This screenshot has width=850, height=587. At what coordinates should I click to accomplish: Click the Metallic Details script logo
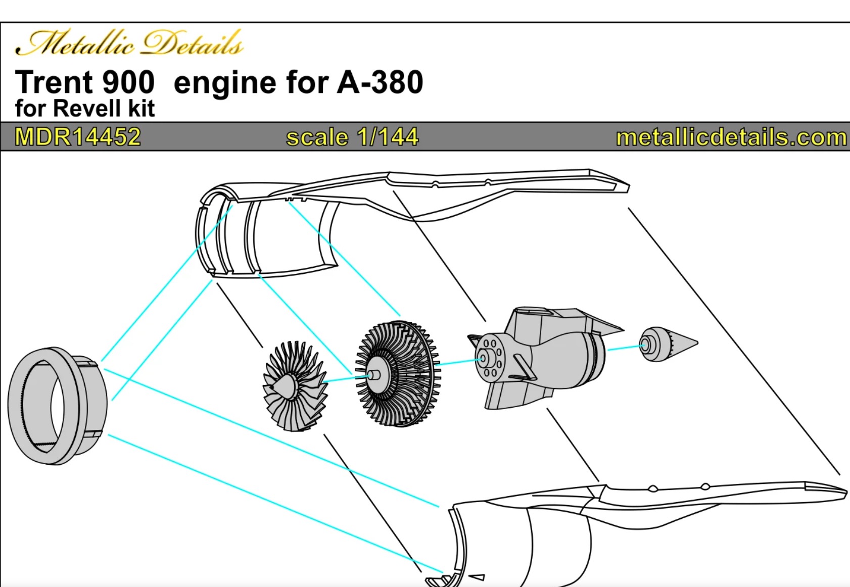[x=129, y=43]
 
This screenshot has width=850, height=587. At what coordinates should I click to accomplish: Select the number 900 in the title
[x=128, y=82]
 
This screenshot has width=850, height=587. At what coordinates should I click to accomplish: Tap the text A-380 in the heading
[x=380, y=82]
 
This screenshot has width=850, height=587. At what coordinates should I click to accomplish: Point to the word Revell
[x=86, y=109]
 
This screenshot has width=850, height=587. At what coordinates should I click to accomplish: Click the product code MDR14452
[x=78, y=137]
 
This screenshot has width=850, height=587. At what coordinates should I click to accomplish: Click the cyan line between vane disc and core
[x=457, y=362]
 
